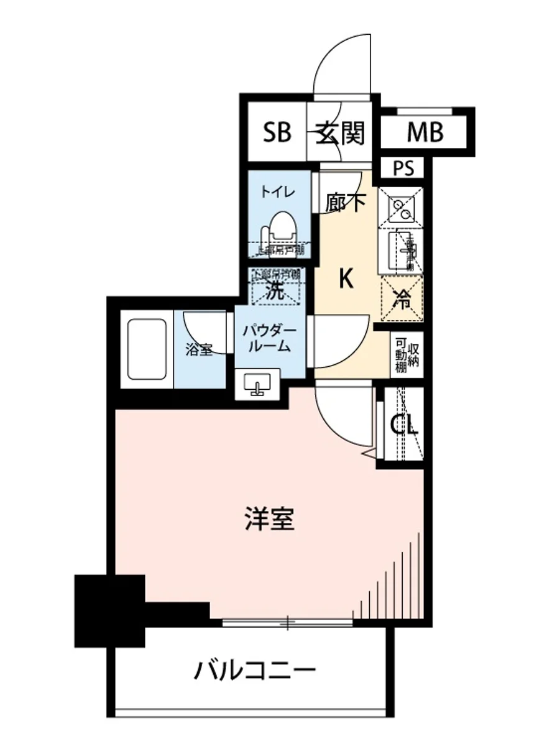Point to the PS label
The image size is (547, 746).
403,168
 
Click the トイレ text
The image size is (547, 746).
273,191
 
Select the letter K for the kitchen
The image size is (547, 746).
346,280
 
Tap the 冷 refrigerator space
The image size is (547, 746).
402,300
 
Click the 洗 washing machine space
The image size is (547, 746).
275,290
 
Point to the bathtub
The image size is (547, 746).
147,349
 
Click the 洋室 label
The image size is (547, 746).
269,519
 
